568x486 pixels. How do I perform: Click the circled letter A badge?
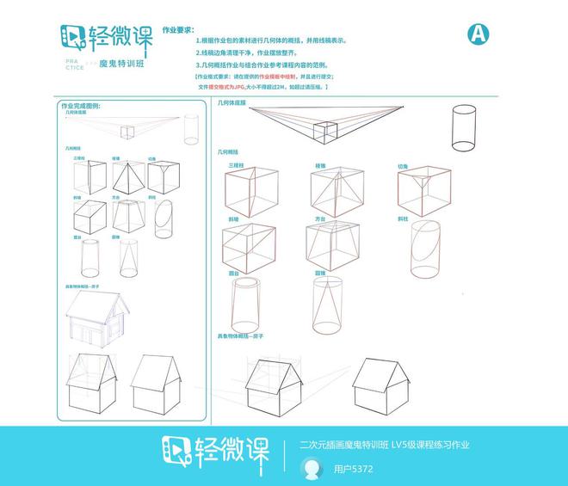pyautogui.click(x=478, y=34)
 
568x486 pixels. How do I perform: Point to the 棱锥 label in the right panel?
pyautogui.click(x=320, y=165)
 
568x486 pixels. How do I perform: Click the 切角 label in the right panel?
pyautogui.click(x=403, y=165)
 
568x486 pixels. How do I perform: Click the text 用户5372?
pyautogui.click(x=354, y=470)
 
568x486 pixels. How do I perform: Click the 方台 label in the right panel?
pyautogui.click(x=320, y=219)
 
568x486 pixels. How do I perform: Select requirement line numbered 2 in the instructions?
pyautogui.click(x=258, y=52)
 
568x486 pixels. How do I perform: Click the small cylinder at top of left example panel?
pyautogui.click(x=189, y=130)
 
